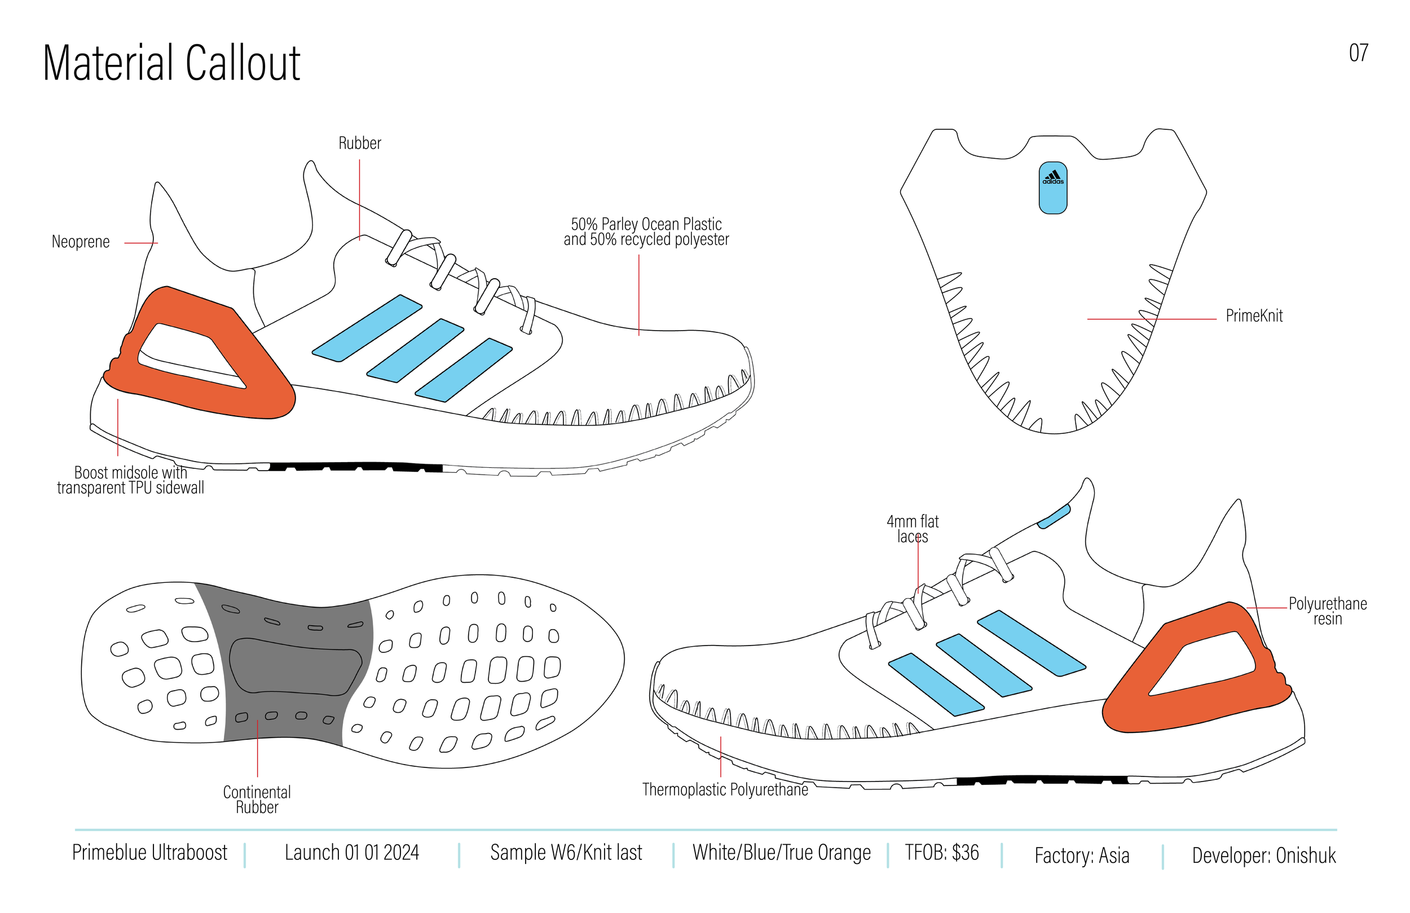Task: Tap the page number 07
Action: click(x=1359, y=54)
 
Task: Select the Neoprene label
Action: click(x=81, y=242)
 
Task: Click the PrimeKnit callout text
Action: click(x=1254, y=316)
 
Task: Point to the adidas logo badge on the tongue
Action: click(x=1053, y=187)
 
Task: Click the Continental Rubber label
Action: click(x=257, y=800)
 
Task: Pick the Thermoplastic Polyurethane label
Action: click(x=725, y=789)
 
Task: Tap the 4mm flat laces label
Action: click(x=913, y=529)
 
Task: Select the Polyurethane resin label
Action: click(x=1328, y=611)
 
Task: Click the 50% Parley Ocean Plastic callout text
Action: click(x=646, y=232)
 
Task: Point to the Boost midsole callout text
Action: click(x=130, y=480)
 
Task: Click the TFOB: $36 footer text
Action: click(x=942, y=853)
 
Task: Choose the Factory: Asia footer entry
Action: click(x=1082, y=855)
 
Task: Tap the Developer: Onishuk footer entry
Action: click(x=1264, y=855)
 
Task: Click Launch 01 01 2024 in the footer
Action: click(x=352, y=853)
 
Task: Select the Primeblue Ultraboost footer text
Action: click(x=149, y=853)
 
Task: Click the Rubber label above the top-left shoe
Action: click(x=360, y=143)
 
